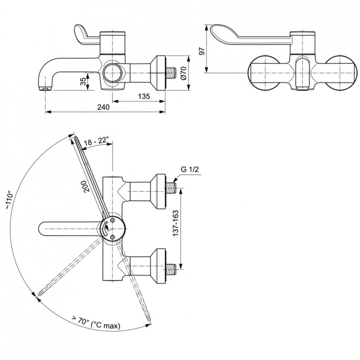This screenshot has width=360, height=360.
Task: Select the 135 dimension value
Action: (x=143, y=96)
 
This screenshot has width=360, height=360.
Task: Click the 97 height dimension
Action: (x=201, y=50)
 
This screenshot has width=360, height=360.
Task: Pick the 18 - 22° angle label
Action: (x=96, y=142)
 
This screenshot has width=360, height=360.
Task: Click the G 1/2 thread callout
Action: (x=190, y=169)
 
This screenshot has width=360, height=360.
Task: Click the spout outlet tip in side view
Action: (x=45, y=89)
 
